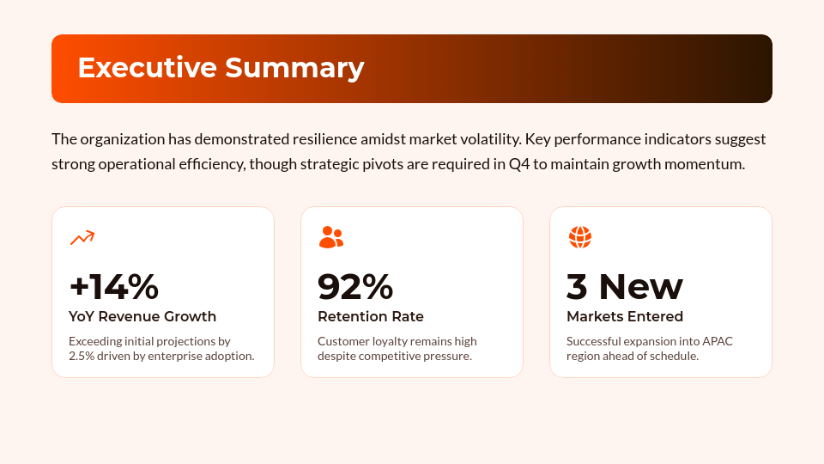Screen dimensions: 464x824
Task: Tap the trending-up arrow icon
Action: click(x=82, y=237)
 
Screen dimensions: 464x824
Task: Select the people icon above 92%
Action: click(x=330, y=237)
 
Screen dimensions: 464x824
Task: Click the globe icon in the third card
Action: click(x=580, y=237)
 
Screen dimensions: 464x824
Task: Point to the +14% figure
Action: click(x=113, y=287)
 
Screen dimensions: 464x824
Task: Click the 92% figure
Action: click(x=355, y=287)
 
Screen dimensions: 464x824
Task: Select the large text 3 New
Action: click(x=625, y=287)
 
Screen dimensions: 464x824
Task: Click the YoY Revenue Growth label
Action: click(x=142, y=316)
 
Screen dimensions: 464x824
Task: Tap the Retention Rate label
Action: click(x=371, y=316)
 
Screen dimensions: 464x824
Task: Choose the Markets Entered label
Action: click(x=625, y=316)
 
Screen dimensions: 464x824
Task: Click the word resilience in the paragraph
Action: click(x=330, y=139)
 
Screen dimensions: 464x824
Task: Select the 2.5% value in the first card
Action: click(x=82, y=356)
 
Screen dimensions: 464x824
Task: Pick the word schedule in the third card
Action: click(x=675, y=356)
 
